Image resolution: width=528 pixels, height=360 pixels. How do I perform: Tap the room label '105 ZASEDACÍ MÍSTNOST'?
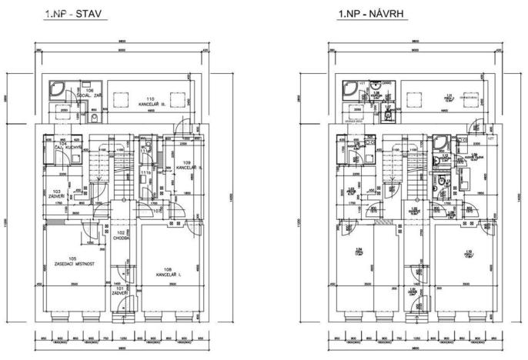(73, 262)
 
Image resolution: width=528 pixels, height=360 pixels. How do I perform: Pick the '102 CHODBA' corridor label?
(121, 235)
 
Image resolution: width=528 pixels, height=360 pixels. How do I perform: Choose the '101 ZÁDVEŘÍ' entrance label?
(120, 293)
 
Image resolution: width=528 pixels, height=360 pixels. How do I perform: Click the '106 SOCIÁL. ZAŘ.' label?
(90, 93)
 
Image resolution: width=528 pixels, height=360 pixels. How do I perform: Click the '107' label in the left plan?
(156, 210)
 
